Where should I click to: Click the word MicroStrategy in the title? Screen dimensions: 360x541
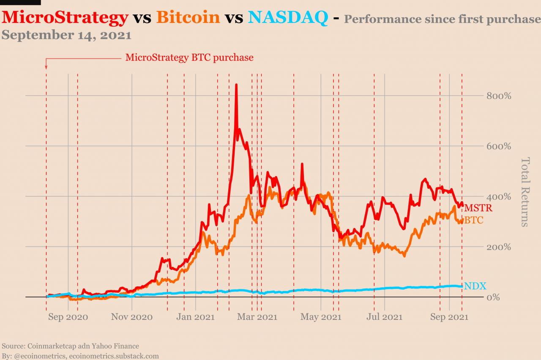point(65,17)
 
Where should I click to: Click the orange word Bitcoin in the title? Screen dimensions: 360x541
point(188,17)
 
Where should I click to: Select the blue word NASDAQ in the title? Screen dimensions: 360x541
point(287,17)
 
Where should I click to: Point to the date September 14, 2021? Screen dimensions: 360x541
point(66,35)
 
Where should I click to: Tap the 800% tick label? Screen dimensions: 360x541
point(499,96)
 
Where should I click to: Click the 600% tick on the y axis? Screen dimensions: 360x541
point(499,146)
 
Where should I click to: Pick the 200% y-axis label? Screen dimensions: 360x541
point(499,247)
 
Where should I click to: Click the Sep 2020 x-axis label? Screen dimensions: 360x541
point(68,317)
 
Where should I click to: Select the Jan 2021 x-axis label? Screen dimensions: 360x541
point(196,317)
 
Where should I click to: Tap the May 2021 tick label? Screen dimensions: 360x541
point(321,317)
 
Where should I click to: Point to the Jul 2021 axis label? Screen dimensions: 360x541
point(385,317)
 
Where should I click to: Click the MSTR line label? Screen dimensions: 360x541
point(478,208)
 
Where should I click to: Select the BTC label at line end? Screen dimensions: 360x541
point(474,220)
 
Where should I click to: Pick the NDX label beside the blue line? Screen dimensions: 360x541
point(475,286)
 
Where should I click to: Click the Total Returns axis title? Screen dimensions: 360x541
point(525,192)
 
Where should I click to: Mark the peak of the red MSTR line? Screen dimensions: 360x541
point(236,85)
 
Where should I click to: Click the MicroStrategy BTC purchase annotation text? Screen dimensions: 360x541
point(189,58)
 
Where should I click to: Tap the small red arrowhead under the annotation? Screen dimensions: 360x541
point(46,66)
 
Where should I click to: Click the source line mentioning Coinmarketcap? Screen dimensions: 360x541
point(70,346)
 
